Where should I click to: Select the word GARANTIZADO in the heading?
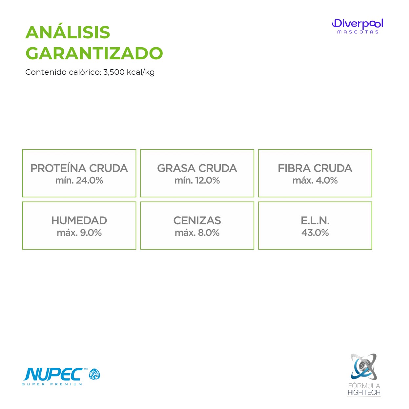(94, 53)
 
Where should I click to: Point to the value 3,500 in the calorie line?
(114, 72)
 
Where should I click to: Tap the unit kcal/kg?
(140, 72)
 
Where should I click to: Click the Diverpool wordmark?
(358, 24)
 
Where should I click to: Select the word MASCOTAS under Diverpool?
(358, 32)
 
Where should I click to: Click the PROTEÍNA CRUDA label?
(79, 168)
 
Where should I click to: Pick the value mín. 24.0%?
(79, 180)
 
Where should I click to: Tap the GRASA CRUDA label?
(197, 168)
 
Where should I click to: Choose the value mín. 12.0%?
(197, 180)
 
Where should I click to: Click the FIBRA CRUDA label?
(315, 168)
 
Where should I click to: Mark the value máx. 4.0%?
(315, 180)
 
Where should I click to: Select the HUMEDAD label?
(79, 220)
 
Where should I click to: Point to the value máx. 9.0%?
(79, 233)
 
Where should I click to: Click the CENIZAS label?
(197, 220)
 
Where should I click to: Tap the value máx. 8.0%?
(197, 233)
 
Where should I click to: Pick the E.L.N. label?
(315, 220)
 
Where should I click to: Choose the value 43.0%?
(315, 233)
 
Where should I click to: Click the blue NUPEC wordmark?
(53, 375)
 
